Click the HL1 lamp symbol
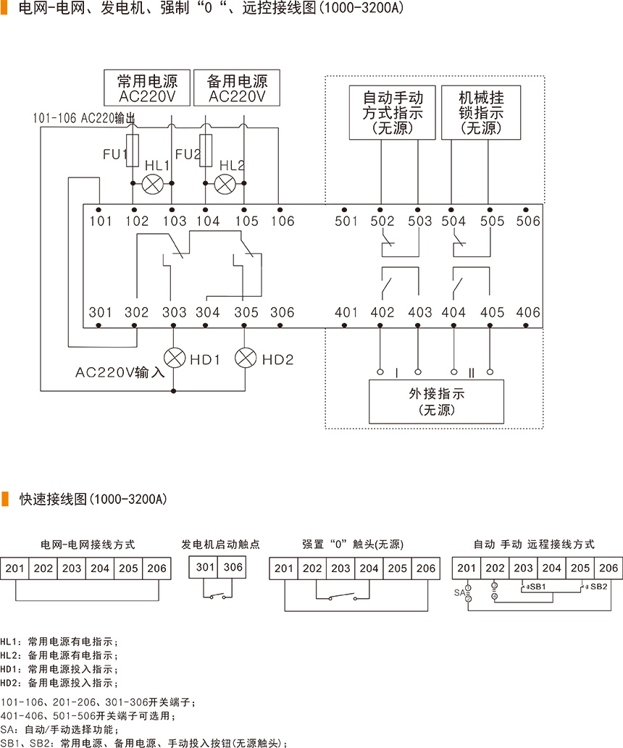point(152,184)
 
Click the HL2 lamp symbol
point(225,184)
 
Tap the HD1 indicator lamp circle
point(174,358)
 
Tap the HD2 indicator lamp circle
point(247,358)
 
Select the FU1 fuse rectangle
point(133,150)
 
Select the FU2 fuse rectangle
point(206,150)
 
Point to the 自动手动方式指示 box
point(393,113)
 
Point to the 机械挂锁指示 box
point(482,113)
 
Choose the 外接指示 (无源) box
point(436,401)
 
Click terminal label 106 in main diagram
point(283,221)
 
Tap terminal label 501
point(346,221)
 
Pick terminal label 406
point(528,313)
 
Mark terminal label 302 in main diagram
point(136,313)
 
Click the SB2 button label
point(598,586)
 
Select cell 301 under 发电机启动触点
point(206,567)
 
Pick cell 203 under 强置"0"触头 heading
point(340,568)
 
